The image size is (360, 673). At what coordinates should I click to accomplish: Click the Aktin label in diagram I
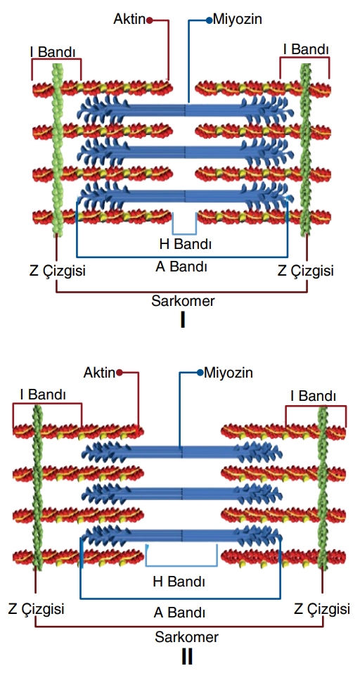(129, 19)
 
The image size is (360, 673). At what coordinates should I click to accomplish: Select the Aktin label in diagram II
(99, 373)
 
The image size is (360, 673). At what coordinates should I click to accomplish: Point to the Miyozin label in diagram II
(229, 373)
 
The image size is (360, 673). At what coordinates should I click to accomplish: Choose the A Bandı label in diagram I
(181, 267)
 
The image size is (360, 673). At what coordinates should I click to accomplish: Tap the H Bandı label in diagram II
(179, 582)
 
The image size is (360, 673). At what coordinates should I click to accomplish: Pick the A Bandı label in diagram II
(179, 613)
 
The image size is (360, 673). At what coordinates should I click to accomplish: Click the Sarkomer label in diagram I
(183, 301)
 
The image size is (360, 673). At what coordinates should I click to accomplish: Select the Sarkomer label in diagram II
(186, 637)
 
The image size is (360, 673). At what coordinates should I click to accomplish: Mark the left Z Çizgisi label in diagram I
(58, 271)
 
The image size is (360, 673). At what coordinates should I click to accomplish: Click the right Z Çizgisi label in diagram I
(305, 271)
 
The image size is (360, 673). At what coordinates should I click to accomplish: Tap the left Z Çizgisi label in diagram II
(36, 609)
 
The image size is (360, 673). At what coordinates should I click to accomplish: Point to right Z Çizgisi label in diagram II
(322, 609)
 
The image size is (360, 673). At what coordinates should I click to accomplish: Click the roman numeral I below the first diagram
(184, 320)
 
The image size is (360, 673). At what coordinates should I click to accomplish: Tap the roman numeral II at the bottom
(186, 657)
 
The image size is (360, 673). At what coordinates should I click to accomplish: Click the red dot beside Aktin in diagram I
(150, 20)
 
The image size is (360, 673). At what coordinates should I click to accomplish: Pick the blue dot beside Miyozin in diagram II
(200, 373)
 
